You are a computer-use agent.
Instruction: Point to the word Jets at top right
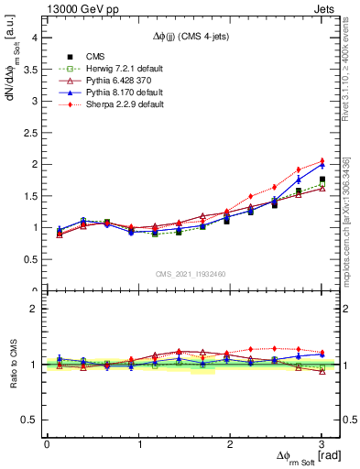point(326,9)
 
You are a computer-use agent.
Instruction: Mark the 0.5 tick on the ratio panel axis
point(32,419)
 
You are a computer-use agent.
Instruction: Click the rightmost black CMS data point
point(322,180)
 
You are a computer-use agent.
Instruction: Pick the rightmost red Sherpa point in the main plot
point(322,161)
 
